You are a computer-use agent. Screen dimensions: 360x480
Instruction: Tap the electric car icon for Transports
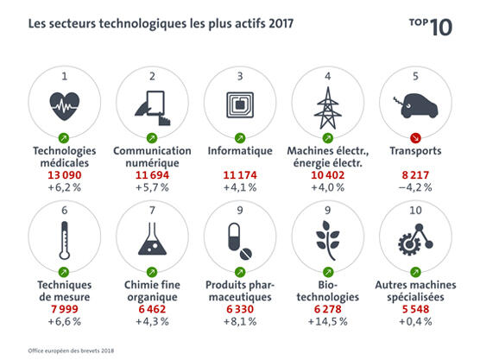coord(417,106)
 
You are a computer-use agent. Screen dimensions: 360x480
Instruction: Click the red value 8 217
coord(417,175)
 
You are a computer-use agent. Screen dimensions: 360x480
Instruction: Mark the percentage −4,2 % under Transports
coord(417,187)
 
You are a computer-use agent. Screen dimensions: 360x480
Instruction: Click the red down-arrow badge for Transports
coord(417,138)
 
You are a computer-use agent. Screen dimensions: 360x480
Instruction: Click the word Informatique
coord(239,150)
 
